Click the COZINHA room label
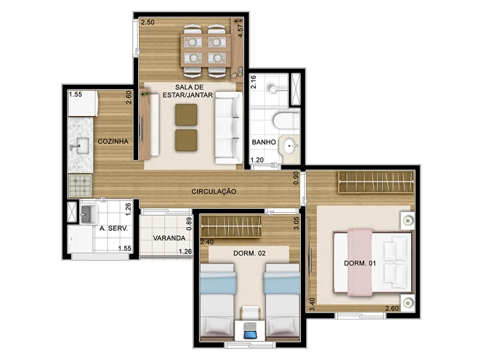pyautogui.click(x=113, y=141)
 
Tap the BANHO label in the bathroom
pyautogui.click(x=264, y=142)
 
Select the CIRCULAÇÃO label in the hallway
pyautogui.click(x=214, y=192)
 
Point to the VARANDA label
pyautogui.click(x=169, y=238)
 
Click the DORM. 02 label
pyautogui.click(x=250, y=253)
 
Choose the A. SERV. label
pyautogui.click(x=114, y=228)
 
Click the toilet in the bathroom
pyautogui.click(x=286, y=120)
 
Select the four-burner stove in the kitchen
pyautogui.click(x=80, y=186)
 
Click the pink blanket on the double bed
pyautogui.click(x=359, y=262)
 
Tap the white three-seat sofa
pyautogui.click(x=228, y=128)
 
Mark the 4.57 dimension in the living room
pyautogui.click(x=240, y=31)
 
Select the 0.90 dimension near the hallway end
pyautogui.click(x=296, y=178)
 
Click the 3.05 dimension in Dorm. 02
pyautogui.click(x=296, y=223)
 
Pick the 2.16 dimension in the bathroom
pyautogui.click(x=253, y=82)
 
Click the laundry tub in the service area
pyautogui.click(x=88, y=213)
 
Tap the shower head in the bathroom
pyautogui.click(x=273, y=90)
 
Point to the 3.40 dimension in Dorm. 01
pyautogui.click(x=312, y=304)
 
